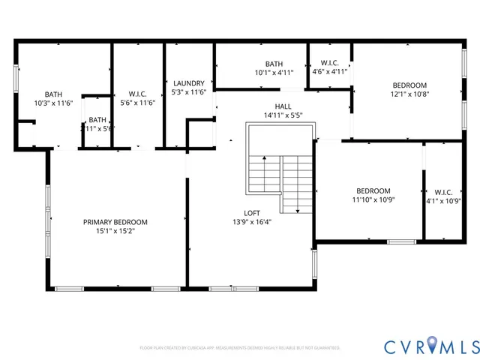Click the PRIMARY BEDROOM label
(x=115, y=222)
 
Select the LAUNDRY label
(x=188, y=83)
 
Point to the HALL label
(x=283, y=106)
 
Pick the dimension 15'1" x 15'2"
(x=115, y=231)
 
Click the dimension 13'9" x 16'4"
(x=251, y=221)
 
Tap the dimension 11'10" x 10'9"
(x=373, y=199)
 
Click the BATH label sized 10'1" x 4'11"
(x=273, y=64)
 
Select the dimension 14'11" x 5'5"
(x=283, y=115)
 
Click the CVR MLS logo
(x=431, y=346)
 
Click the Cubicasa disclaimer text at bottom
(x=240, y=348)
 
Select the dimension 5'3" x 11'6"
(x=188, y=92)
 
